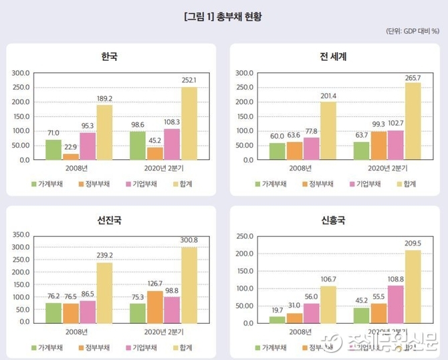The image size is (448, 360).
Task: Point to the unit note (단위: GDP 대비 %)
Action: tap(412, 31)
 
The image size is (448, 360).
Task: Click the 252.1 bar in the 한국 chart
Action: tap(189, 124)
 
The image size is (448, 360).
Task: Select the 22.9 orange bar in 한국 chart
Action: tap(70, 157)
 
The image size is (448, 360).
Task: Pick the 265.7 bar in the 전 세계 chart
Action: tap(413, 121)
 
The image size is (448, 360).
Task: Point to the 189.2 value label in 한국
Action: tap(104, 98)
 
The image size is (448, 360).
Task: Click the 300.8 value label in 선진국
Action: tap(191, 240)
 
